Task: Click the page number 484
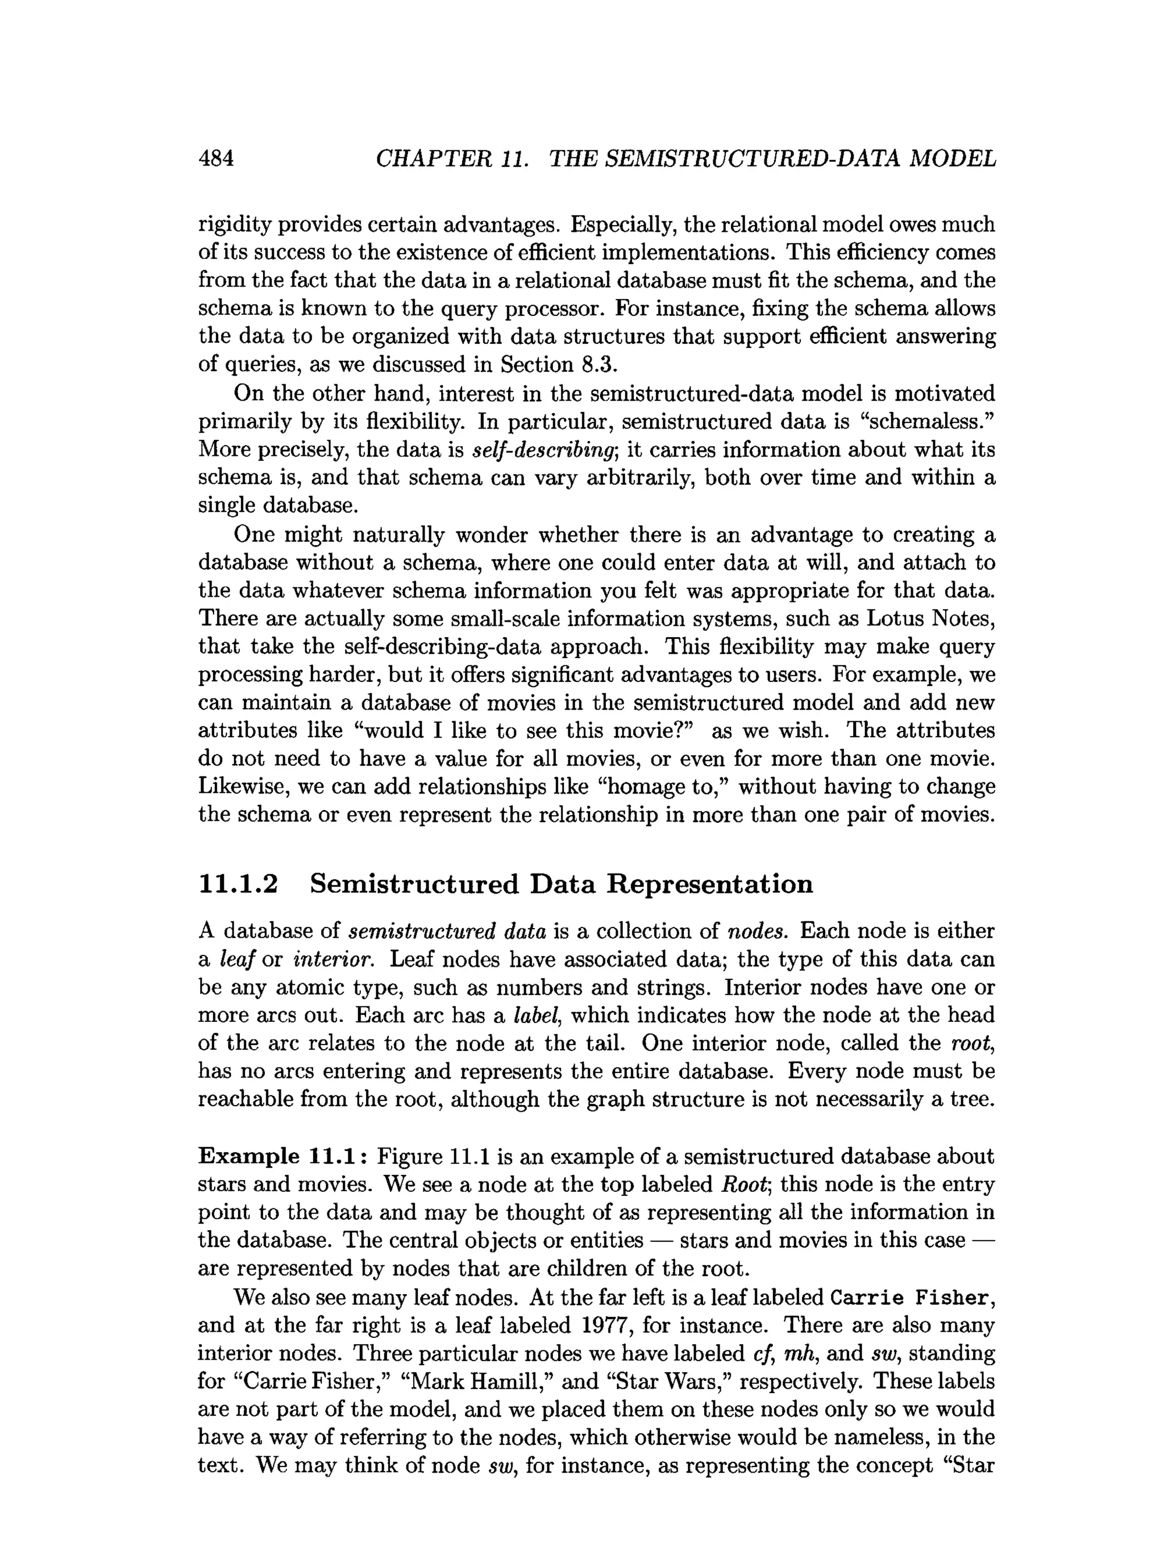click(216, 159)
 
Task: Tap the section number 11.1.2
click(238, 884)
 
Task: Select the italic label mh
click(800, 1354)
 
